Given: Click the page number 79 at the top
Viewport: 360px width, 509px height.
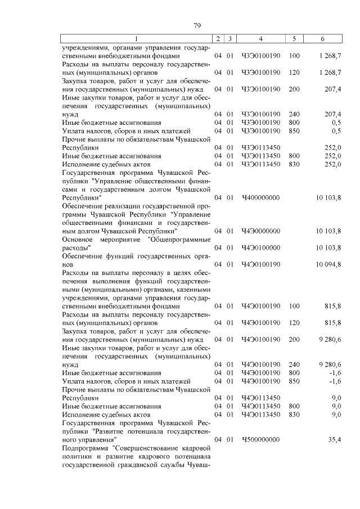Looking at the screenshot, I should point(197,25).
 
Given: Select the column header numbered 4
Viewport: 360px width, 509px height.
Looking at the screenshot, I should point(260,38).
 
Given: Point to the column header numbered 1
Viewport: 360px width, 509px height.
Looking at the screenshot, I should point(137,38).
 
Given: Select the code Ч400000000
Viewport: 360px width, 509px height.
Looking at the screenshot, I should point(260,198).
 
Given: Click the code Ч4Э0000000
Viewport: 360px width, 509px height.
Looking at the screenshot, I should point(260,231).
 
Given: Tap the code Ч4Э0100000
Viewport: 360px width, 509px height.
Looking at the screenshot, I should point(260,247).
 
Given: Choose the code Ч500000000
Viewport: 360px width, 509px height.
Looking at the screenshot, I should point(260,439).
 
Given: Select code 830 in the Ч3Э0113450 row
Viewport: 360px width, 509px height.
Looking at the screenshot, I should point(294,164).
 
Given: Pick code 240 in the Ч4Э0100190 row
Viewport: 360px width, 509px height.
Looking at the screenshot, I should point(294,364).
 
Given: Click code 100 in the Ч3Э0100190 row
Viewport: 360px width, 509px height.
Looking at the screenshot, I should point(294,56).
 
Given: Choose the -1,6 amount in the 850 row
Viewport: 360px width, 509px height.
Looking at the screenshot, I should point(336,381).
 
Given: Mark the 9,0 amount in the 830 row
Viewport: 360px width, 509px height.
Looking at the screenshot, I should point(336,415).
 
